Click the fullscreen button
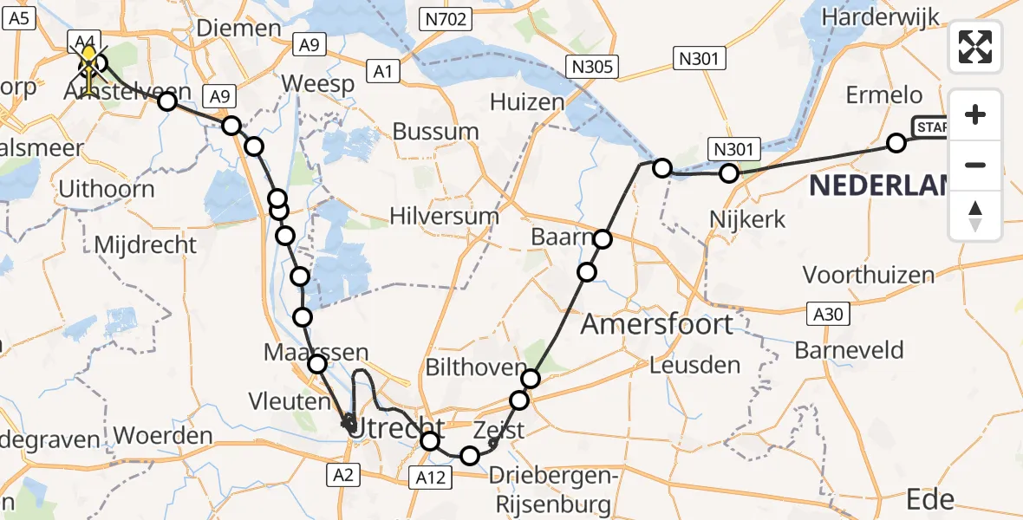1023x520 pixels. click(975, 46)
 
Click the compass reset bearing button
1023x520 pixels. click(975, 216)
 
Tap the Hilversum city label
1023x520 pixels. click(445, 217)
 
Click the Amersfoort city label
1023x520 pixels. click(657, 324)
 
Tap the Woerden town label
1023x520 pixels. click(163, 435)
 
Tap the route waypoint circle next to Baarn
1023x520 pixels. click(602, 239)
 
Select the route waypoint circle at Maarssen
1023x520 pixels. click(317, 365)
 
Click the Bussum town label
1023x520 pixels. click(435, 132)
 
